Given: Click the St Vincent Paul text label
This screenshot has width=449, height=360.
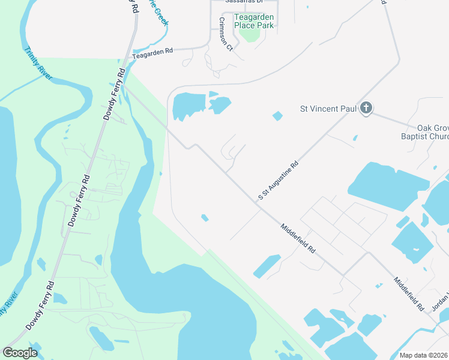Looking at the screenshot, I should (x=328, y=109).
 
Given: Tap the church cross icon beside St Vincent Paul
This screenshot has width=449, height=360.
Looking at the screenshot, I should (x=366, y=109).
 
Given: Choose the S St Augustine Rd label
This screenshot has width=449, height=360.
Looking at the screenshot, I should (x=278, y=179).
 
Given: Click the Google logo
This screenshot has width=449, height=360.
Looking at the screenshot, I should (x=20, y=352).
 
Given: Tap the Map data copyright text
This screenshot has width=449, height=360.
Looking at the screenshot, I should (x=424, y=355).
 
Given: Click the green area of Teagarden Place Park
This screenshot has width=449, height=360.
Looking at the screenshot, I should (x=250, y=33).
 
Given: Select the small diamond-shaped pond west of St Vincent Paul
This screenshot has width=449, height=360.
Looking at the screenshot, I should (x=277, y=116).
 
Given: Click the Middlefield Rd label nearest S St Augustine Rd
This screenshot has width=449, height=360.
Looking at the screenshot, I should (x=298, y=238).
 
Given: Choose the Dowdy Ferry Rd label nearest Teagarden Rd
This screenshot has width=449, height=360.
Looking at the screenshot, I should (x=113, y=94).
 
